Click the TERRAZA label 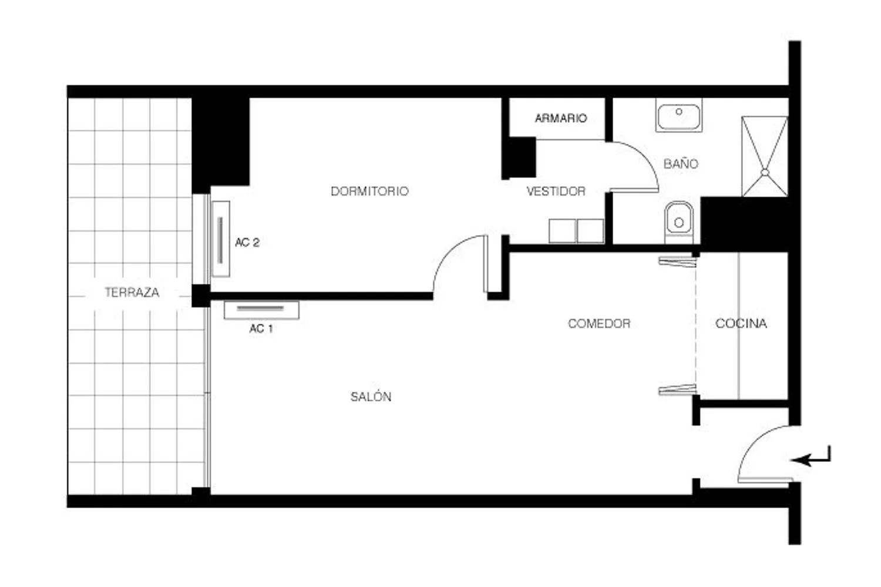click(x=132, y=292)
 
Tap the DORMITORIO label click(x=369, y=191)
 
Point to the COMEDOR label click(x=599, y=323)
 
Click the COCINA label click(x=741, y=323)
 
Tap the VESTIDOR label click(x=556, y=191)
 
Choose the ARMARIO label click(x=561, y=118)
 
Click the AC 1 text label click(x=261, y=328)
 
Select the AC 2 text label click(x=247, y=242)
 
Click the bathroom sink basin click(x=679, y=115)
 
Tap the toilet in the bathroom click(x=679, y=222)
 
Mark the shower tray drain click(x=765, y=172)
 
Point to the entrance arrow click(x=810, y=457)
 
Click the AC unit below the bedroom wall click(x=261, y=310)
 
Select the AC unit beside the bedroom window click(x=220, y=239)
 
